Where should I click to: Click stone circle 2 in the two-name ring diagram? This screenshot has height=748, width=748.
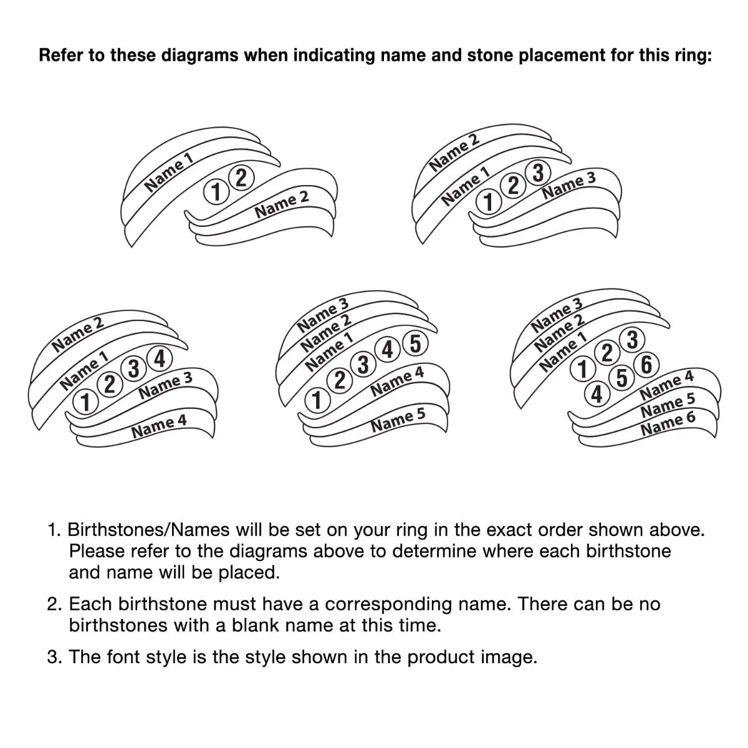(241, 178)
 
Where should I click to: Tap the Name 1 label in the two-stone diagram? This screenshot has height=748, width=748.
(169, 172)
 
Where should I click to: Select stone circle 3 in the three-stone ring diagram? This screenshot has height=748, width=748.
(537, 173)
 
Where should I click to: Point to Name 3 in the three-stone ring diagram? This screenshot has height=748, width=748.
(568, 185)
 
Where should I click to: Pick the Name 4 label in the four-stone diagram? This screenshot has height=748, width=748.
(159, 426)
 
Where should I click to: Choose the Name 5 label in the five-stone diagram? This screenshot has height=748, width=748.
(398, 420)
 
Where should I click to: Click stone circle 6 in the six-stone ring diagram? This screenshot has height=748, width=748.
(646, 365)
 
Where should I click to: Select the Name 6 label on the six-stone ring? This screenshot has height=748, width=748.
(668, 424)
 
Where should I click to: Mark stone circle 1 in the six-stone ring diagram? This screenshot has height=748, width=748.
(582, 369)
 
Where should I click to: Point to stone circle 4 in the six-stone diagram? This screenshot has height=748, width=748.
(597, 395)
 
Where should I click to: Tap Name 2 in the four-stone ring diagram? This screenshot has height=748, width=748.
(78, 334)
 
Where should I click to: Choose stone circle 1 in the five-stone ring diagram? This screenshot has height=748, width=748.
(317, 401)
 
